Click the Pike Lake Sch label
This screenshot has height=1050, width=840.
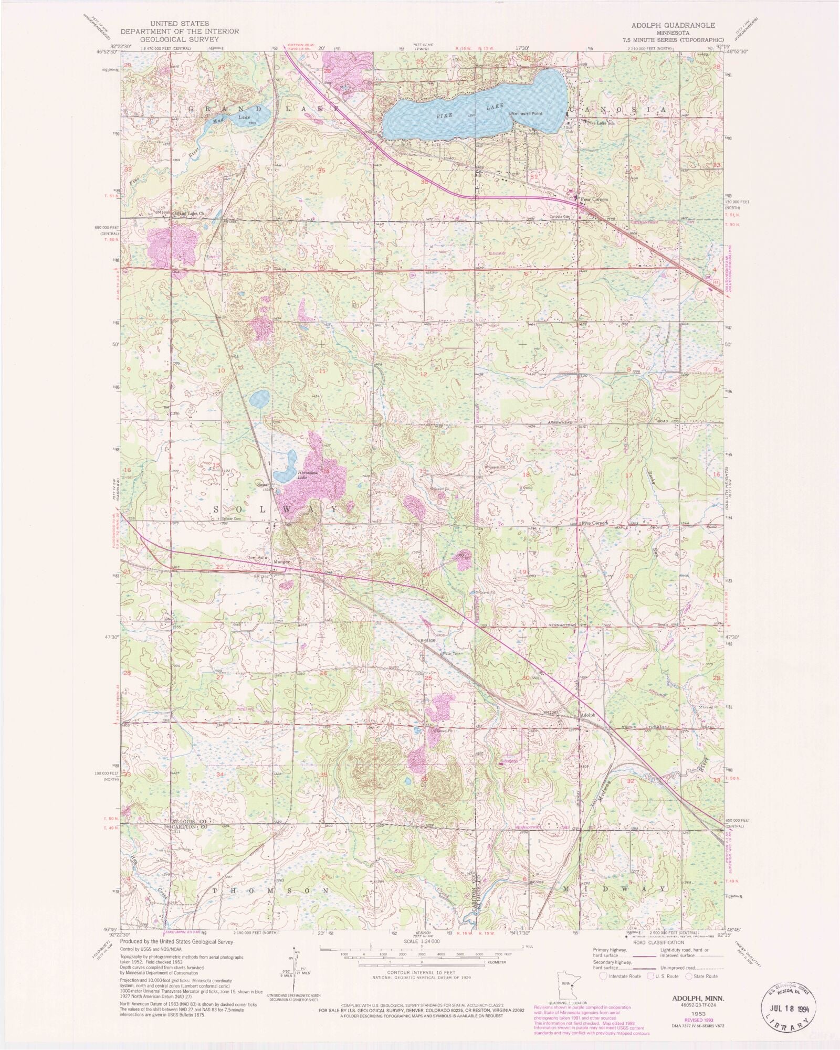pos(601,123)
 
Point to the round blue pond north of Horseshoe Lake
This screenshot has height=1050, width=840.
pos(259,399)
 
